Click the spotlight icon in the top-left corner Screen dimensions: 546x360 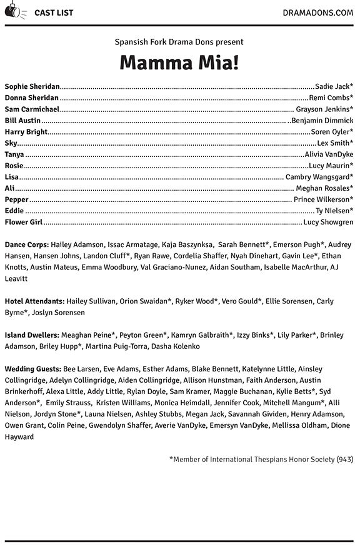13,11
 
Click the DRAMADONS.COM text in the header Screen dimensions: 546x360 317,11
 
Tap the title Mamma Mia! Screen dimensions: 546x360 179,63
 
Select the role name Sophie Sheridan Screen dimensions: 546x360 32,86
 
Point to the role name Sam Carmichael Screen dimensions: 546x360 32,109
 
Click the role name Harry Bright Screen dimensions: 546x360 26,131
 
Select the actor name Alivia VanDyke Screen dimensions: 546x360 329,154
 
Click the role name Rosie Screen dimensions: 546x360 14,165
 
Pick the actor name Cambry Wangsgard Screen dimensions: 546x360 317,176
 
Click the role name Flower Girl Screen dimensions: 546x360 24,221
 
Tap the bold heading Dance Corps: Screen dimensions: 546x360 26,245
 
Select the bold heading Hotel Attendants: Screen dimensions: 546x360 34,301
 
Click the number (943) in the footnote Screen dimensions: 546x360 344,458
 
